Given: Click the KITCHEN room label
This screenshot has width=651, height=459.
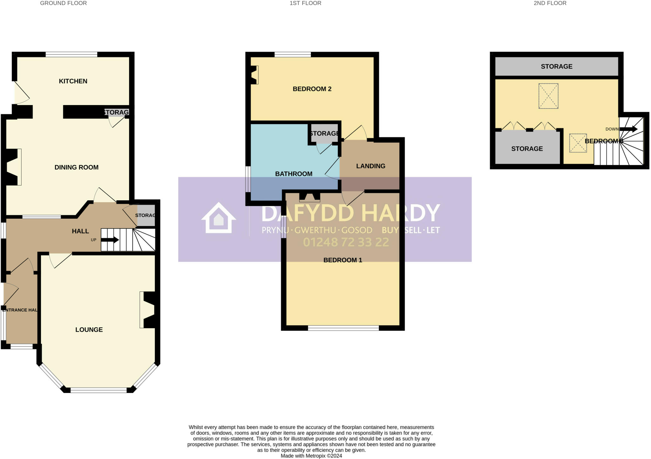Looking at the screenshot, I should [x=73, y=81].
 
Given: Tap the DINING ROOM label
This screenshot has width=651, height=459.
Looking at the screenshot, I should [x=76, y=167].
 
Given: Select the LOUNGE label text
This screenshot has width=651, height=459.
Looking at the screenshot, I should [x=89, y=330].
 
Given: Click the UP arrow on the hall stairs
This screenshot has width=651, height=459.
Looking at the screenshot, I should [x=110, y=240].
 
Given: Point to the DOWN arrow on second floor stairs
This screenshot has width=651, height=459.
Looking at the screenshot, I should [x=628, y=129].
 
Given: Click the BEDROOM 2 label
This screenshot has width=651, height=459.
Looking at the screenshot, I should [x=312, y=89].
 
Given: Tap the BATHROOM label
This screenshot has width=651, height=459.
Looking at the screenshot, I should [x=293, y=174].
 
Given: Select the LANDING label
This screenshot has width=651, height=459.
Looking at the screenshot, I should [x=371, y=166].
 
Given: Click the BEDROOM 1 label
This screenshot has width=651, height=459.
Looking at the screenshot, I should [x=343, y=260].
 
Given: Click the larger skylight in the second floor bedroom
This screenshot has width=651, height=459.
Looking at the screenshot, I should [x=548, y=96].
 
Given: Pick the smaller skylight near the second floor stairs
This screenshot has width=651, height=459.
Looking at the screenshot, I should [x=578, y=143].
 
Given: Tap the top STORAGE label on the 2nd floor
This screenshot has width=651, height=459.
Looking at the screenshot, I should [x=557, y=67].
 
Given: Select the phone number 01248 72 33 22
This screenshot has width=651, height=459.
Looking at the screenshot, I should [x=346, y=243].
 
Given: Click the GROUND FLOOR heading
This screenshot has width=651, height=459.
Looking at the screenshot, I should [x=63, y=3].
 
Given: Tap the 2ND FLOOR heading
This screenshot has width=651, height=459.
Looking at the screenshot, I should [x=550, y=3].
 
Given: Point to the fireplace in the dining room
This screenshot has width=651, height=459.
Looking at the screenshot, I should [x=13, y=167].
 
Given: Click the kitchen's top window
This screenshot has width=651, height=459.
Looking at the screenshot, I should [x=71, y=55].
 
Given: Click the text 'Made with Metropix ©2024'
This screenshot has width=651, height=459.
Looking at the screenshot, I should [x=311, y=456].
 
